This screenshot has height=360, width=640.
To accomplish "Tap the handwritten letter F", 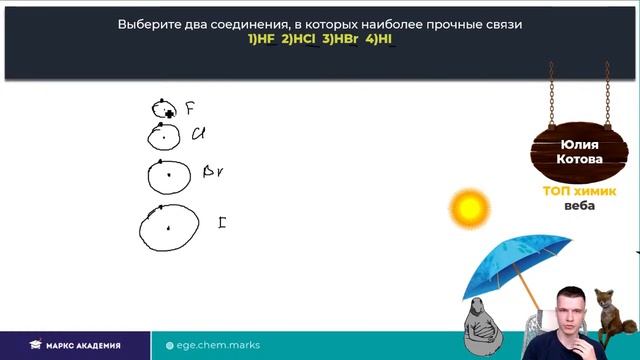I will coord(189,108).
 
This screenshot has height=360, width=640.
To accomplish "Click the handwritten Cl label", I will coord(198,133).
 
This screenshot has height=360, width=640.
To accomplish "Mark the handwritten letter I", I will coord(221,222).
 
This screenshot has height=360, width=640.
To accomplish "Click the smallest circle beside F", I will coord(163,109).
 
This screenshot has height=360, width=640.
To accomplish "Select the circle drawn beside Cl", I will coord(164,135).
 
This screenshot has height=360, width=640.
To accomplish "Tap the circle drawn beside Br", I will coord(168,175).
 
